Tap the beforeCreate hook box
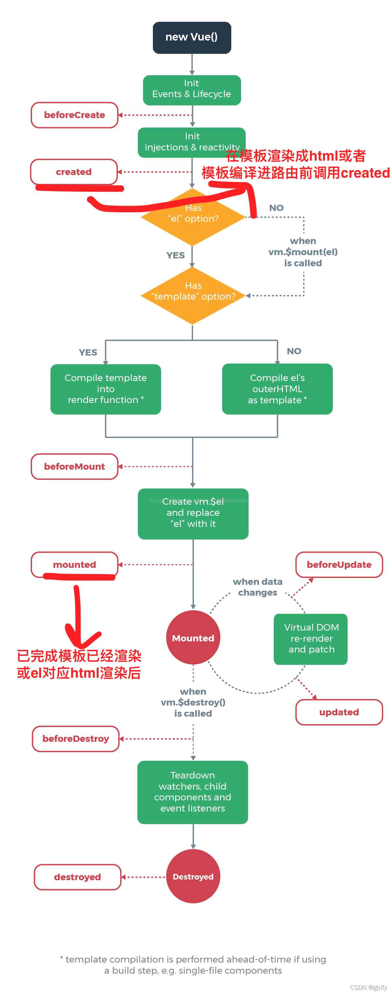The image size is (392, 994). (74, 115)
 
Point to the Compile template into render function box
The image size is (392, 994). (106, 389)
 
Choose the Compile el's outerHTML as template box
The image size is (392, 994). (277, 389)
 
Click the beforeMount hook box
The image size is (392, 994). (74, 466)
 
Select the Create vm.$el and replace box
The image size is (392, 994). (193, 514)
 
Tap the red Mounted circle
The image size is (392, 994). (193, 638)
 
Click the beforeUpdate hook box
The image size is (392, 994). (339, 565)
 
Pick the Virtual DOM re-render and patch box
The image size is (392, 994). (311, 638)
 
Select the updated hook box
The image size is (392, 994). (339, 712)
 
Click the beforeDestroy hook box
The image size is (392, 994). (75, 739)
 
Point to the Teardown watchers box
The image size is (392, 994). (192, 792)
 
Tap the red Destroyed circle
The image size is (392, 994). (193, 876)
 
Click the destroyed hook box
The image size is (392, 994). (77, 877)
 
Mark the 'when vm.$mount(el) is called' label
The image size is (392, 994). (303, 252)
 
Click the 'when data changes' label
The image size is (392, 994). (257, 587)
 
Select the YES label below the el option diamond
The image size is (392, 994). (175, 255)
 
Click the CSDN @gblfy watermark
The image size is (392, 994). (368, 987)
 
